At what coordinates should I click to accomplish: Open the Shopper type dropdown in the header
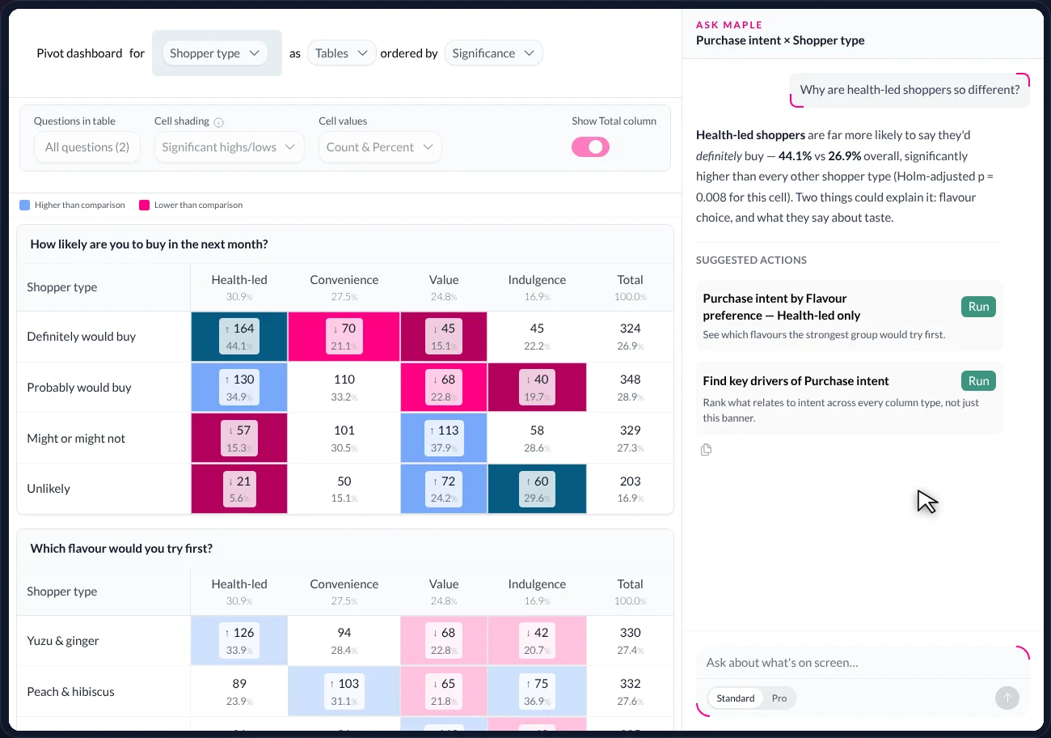(x=215, y=53)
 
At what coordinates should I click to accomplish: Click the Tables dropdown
(x=341, y=53)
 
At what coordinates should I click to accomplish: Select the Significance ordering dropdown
(x=493, y=53)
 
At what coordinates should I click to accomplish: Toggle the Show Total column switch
(x=590, y=147)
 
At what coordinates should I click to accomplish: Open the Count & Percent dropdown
(x=380, y=147)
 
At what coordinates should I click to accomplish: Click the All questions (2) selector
(x=87, y=147)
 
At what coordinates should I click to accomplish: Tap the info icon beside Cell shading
(x=218, y=122)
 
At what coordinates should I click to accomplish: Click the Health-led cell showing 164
(x=239, y=337)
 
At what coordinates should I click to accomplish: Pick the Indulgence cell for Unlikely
(x=537, y=489)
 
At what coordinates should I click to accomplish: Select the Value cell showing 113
(x=444, y=439)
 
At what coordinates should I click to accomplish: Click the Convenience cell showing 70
(x=344, y=337)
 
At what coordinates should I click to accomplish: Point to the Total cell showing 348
(x=630, y=387)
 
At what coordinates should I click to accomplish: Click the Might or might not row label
(x=76, y=439)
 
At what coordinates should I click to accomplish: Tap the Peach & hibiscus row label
(x=70, y=692)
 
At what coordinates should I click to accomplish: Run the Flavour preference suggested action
(x=978, y=307)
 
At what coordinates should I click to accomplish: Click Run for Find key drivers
(x=978, y=381)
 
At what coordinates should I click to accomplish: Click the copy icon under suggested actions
(x=706, y=450)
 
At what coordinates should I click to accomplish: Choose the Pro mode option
(x=779, y=698)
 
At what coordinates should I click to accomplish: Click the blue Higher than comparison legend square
(x=24, y=205)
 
